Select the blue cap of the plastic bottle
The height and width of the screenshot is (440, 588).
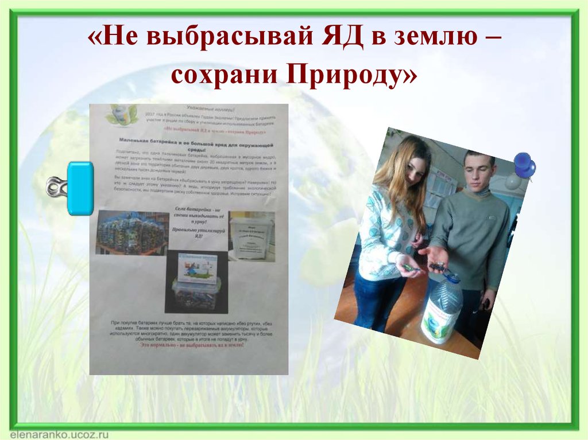point(453,278)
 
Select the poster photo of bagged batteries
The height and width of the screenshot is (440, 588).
point(131,232)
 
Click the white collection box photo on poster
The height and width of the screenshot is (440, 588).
point(251,235)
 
